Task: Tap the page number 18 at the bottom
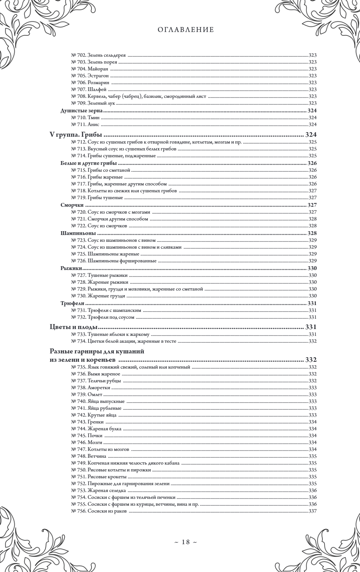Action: [x=180, y=542]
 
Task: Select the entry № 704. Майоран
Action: [x=90, y=69]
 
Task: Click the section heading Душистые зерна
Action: [x=82, y=110]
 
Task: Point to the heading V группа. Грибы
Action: [x=77, y=135]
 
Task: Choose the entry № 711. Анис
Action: [x=85, y=125]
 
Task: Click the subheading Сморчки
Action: [x=72, y=205]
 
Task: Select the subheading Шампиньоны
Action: [x=78, y=233]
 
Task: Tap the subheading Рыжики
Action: [x=71, y=268]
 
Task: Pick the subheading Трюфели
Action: [x=72, y=303]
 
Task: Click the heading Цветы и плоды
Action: [x=74, y=327]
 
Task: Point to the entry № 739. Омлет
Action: [x=87, y=394]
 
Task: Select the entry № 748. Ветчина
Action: [x=89, y=456]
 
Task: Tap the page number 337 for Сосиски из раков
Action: [x=312, y=511]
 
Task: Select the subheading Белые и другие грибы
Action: [x=89, y=163]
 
